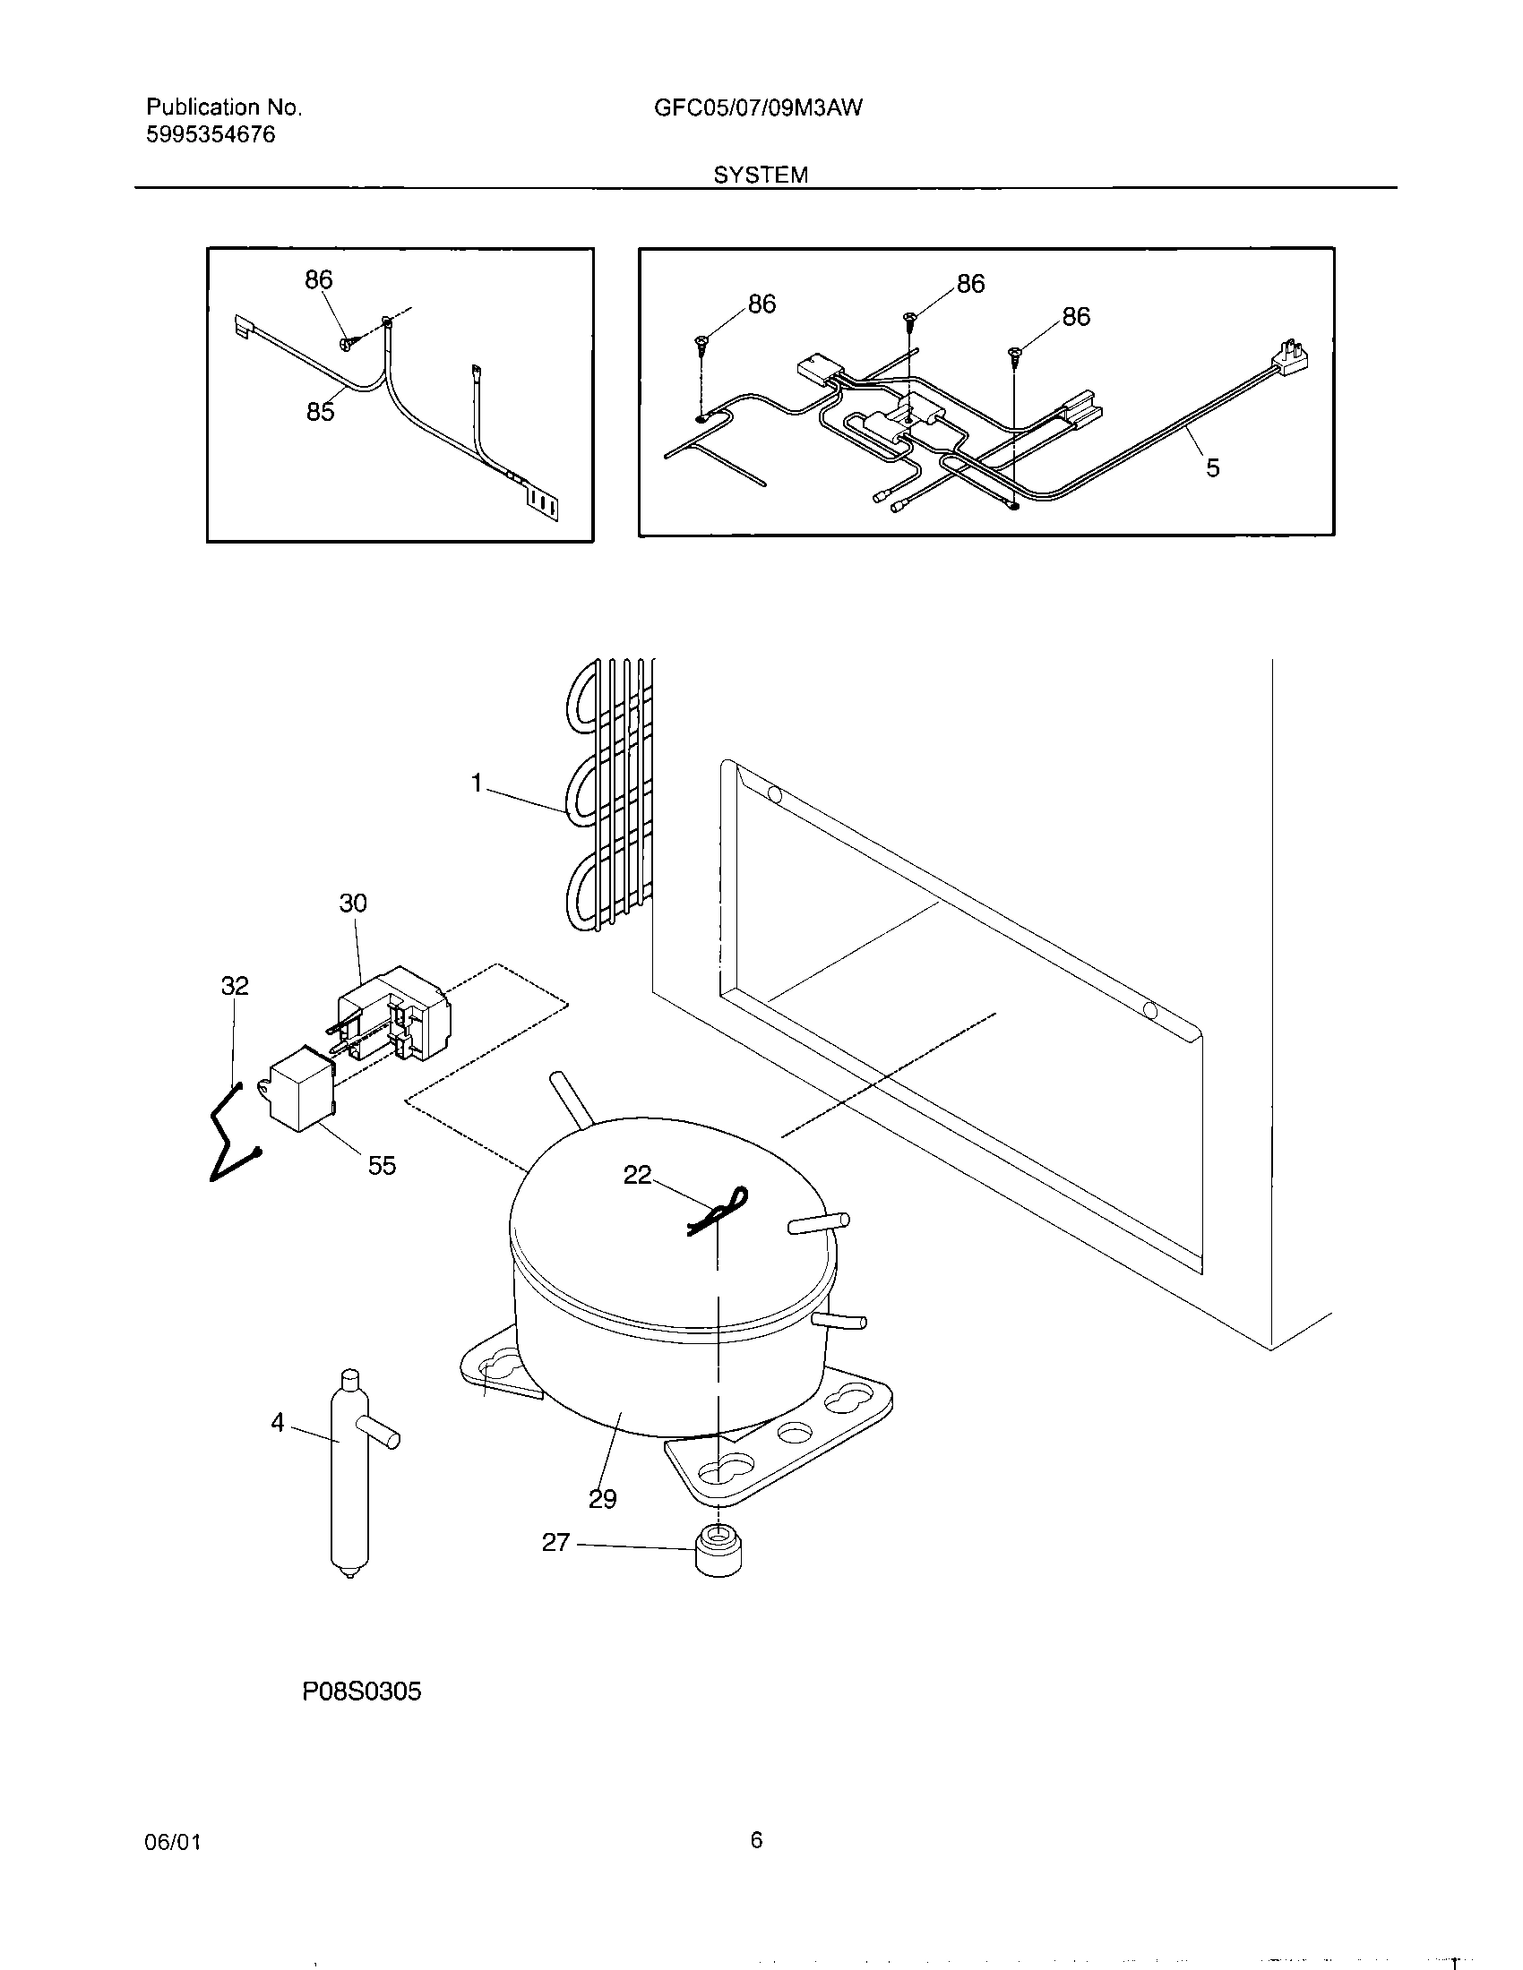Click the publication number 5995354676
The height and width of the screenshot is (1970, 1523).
pos(211,135)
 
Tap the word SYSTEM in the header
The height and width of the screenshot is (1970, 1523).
pos(761,175)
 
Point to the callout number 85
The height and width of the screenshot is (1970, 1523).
pos(321,412)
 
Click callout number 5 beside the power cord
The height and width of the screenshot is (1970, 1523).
pos(1213,467)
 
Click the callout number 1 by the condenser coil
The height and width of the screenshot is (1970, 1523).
pos(478,783)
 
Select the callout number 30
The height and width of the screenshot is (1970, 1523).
pos(353,903)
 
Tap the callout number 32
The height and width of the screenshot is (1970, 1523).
pos(235,986)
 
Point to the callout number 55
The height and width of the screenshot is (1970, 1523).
pos(382,1165)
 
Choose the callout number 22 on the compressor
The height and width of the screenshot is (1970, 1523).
pos(637,1175)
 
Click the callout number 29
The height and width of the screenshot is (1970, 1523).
pos(603,1499)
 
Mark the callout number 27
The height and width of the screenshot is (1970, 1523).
pos(555,1543)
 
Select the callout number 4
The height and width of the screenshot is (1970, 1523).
pos(278,1423)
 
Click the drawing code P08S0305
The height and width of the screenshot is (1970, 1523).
pos(362,1692)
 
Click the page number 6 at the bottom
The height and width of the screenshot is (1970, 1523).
pos(756,1840)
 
